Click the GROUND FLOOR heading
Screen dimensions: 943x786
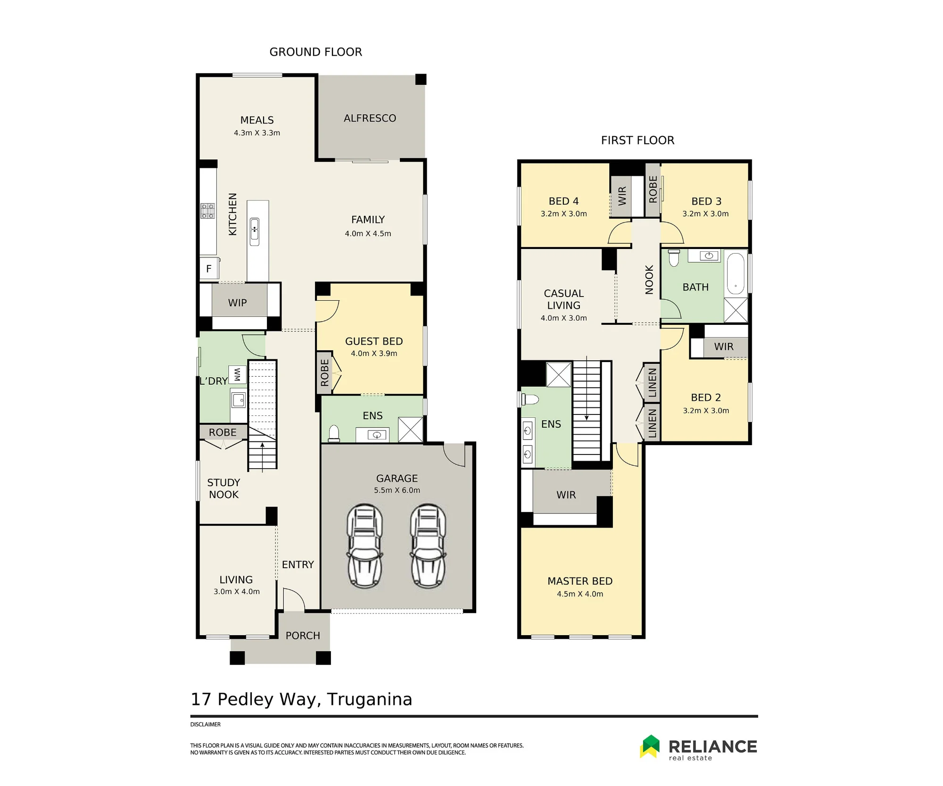click(x=315, y=52)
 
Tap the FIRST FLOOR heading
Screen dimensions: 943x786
click(x=637, y=140)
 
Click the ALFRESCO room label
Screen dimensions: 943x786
click(x=370, y=118)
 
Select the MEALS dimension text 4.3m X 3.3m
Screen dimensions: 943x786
click(x=257, y=133)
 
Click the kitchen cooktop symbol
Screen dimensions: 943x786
click(x=207, y=211)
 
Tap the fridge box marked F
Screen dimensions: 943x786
click(x=209, y=269)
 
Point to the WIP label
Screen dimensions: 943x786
click(x=237, y=303)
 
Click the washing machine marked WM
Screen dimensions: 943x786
click(x=237, y=375)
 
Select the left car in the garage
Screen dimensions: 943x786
click(x=364, y=546)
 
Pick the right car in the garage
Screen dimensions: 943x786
click(x=428, y=546)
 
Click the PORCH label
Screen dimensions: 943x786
click(x=303, y=636)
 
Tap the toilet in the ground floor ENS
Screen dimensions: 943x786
click(x=334, y=433)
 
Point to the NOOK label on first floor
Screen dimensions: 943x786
click(x=649, y=280)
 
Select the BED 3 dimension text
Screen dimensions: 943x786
click(x=705, y=214)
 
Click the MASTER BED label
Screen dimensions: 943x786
click(x=580, y=581)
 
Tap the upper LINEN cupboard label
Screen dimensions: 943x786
click(x=652, y=383)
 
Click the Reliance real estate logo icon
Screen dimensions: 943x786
click(x=651, y=746)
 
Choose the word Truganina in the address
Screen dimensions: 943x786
click(x=370, y=699)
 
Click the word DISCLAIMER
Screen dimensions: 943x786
click(x=205, y=724)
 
